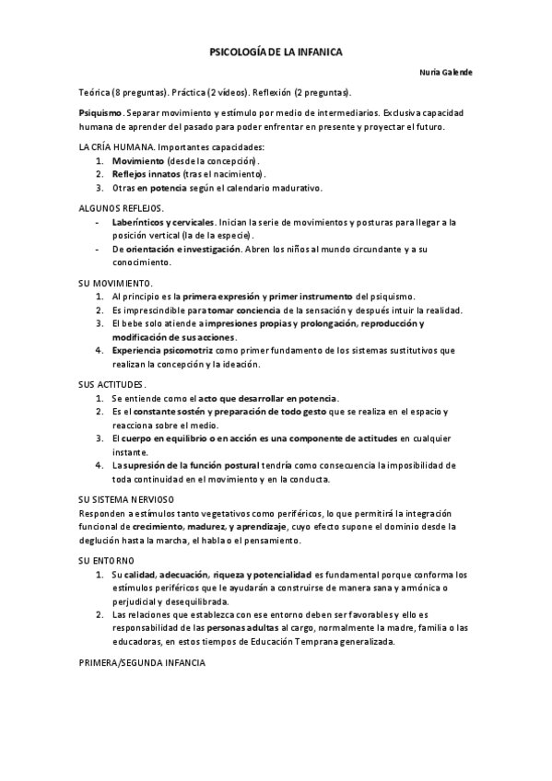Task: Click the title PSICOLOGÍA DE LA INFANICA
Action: tap(276, 53)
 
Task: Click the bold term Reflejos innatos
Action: tap(147, 174)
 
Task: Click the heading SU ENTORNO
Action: tap(107, 560)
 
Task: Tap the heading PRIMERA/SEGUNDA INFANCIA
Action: tap(143, 663)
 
